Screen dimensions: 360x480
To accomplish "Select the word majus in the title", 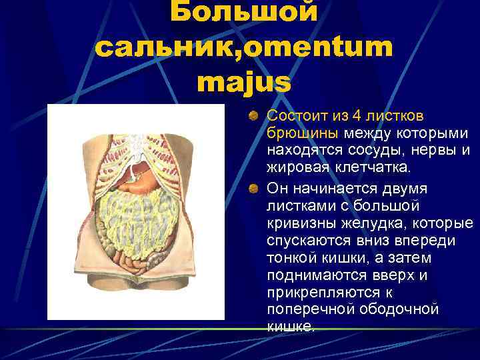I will point(244,82).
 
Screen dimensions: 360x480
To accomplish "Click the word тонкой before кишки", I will point(291,257).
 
